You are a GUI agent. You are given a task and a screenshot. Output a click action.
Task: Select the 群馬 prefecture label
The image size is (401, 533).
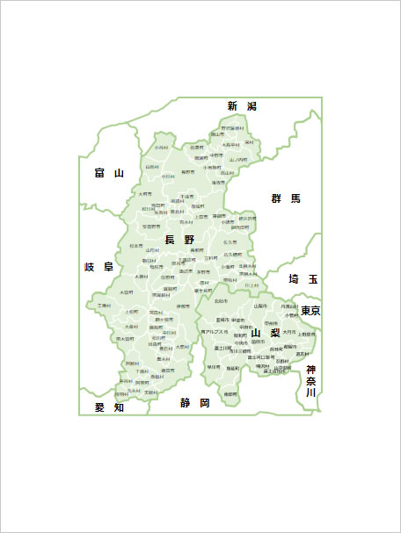pos(286,198)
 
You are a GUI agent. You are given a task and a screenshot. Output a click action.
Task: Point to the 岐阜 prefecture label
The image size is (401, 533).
pos(99,266)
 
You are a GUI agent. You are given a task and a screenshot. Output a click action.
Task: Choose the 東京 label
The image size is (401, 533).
pos(310,311)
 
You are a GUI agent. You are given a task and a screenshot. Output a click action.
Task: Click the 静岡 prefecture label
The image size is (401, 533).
pos(195,403)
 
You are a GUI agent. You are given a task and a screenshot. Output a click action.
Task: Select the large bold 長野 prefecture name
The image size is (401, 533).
pos(179,239)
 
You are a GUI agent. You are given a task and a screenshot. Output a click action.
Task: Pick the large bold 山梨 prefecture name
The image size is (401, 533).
pos(266,334)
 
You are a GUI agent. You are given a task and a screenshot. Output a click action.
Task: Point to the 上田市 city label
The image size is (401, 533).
pos(201,216)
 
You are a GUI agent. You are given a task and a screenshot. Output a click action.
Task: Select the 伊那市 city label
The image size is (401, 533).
pos(182,305)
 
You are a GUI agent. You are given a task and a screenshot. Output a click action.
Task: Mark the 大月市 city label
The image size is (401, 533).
pos(288,332)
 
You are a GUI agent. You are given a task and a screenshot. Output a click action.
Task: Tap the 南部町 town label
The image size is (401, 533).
pos(230,394)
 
